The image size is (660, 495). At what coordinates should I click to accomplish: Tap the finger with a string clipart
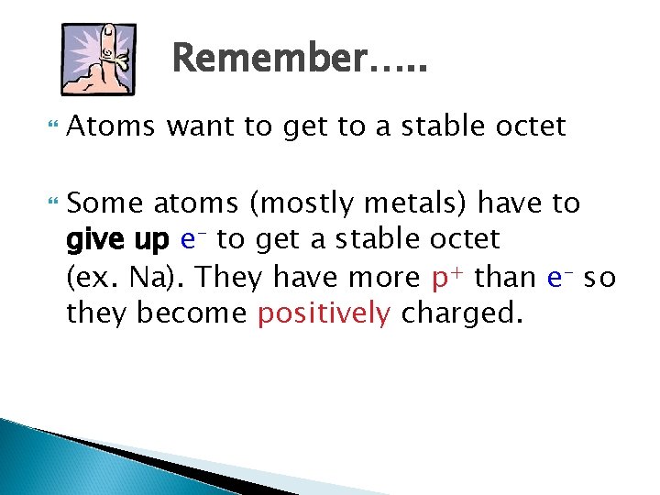[97, 59]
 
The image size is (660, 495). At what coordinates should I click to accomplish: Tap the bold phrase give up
[117, 240]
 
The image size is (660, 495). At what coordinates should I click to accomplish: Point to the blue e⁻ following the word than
[560, 277]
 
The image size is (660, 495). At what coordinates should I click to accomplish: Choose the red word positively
[324, 313]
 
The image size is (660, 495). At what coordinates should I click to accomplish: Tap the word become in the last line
[192, 313]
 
